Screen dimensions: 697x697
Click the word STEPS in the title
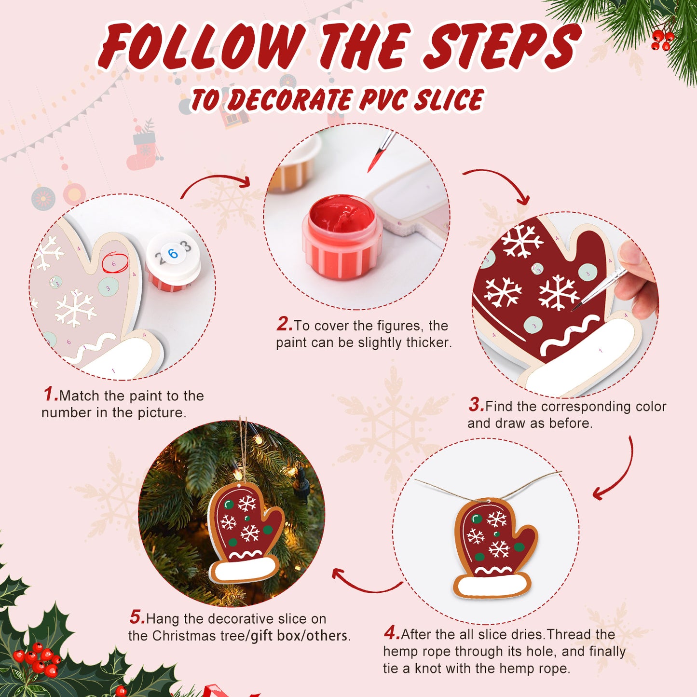coord(502,47)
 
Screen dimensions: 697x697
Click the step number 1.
coord(50,394)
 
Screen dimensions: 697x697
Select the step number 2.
coord(284,324)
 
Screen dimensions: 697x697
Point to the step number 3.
coord(476,405)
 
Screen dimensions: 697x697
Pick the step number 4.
coord(391,632)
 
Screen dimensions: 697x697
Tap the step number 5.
coord(137,617)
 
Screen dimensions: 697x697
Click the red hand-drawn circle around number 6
coord(115,263)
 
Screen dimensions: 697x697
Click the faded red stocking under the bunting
coord(143,150)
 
